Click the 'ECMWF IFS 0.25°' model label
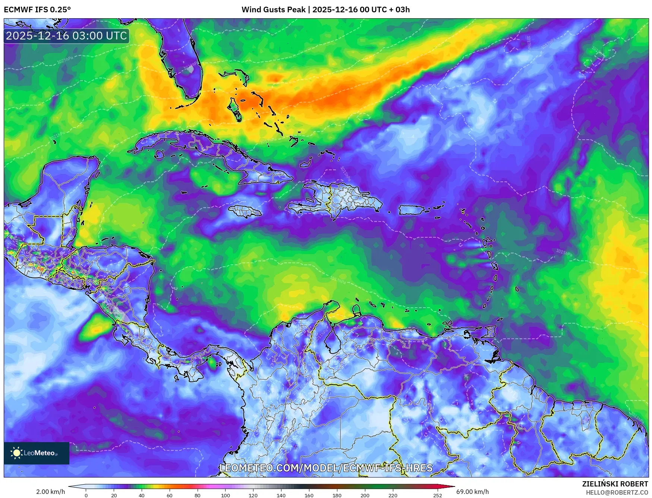point(37,10)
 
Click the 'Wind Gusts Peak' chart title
point(273,10)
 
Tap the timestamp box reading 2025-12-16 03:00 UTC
point(66,36)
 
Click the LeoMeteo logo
point(36,453)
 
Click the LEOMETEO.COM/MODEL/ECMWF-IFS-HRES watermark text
point(326,468)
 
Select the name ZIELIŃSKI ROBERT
point(615,484)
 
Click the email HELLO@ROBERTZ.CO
point(617,492)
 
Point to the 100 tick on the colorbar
point(225,495)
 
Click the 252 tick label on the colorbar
point(437,495)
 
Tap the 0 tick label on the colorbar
point(86,495)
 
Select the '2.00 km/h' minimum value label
point(50,492)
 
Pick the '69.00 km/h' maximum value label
point(472,492)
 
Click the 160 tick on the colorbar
point(309,495)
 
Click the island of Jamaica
point(245,212)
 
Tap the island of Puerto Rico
point(412,210)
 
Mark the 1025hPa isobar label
point(65,60)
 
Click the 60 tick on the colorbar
point(170,495)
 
